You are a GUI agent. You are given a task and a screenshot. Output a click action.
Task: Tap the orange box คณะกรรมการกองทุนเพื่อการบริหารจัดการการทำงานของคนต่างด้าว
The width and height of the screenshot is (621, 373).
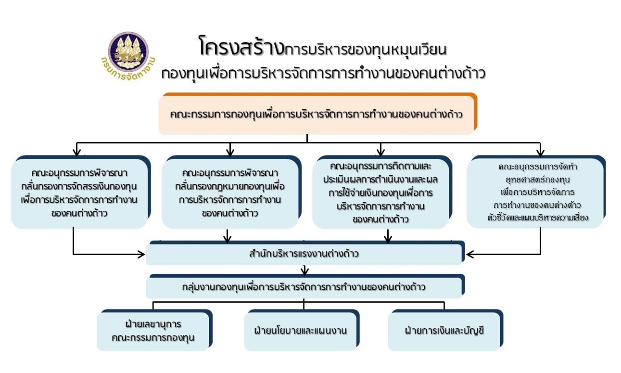coord(317,115)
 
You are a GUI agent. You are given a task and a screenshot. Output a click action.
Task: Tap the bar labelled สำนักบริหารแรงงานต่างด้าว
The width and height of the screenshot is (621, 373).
coord(304,254)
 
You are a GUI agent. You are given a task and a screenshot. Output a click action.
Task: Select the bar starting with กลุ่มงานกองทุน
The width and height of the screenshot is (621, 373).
coord(304,287)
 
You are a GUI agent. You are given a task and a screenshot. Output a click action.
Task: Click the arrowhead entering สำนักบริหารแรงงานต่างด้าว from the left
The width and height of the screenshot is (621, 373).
coord(141,254)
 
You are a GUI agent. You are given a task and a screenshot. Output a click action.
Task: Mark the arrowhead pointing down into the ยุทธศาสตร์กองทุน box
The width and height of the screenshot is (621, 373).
coord(540,153)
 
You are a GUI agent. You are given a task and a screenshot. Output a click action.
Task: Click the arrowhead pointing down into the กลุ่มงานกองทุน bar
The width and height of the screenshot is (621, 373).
coord(304,272)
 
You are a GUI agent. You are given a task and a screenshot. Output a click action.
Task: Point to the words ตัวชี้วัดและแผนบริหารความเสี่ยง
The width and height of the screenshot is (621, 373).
coord(537,218)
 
